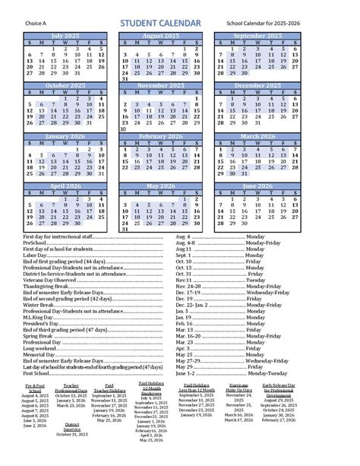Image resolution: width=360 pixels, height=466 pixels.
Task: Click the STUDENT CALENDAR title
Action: point(161,24)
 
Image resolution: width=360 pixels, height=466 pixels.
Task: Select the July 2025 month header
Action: point(65,36)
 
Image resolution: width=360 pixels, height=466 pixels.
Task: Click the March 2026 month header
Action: point(254,137)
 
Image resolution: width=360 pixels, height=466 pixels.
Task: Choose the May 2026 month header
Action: point(159,185)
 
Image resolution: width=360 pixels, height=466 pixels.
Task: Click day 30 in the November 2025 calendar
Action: point(124,128)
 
